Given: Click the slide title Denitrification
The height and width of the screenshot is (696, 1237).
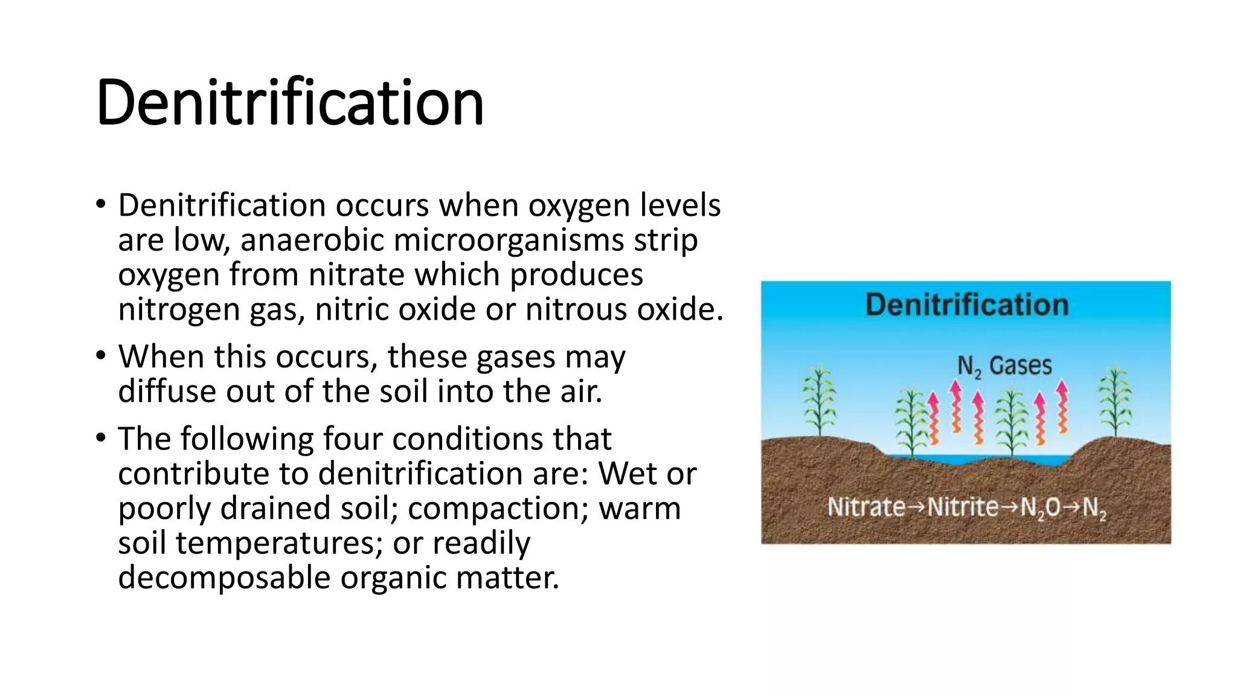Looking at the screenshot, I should tap(290, 103).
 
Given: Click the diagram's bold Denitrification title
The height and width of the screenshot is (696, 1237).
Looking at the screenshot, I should tap(966, 304).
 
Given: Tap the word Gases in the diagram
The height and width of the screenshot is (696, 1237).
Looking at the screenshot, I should tap(1020, 366).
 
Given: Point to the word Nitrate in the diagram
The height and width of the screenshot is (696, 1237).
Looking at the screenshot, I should tap(866, 507).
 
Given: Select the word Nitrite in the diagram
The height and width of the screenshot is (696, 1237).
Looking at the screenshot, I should tap(963, 507).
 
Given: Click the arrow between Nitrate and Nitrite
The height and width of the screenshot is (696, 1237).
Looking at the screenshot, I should tap(916, 507).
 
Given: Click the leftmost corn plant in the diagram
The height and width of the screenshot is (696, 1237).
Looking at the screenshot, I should tap(819, 402).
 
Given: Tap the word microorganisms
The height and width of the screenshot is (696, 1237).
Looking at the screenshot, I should tap(509, 240).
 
